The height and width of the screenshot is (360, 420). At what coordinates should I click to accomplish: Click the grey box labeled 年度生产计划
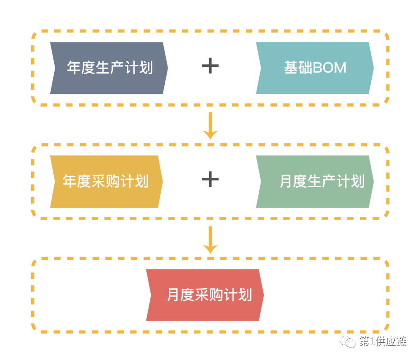click(x=109, y=68)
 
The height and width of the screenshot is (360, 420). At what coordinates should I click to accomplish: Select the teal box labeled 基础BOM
click(x=315, y=68)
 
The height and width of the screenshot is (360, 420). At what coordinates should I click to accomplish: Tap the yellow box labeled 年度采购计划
click(x=106, y=182)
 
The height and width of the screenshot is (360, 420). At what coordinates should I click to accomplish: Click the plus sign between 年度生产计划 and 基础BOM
click(x=210, y=66)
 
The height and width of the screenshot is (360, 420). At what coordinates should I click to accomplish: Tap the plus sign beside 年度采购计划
click(x=210, y=180)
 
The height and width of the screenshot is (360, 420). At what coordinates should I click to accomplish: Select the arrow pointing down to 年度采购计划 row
click(x=210, y=126)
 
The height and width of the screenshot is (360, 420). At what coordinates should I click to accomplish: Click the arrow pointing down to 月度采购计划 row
click(x=210, y=240)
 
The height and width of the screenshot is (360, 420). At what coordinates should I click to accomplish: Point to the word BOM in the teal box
click(x=330, y=68)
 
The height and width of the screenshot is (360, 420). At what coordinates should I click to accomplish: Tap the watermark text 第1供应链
click(x=383, y=342)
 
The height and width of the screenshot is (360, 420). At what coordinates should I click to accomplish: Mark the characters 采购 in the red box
click(x=209, y=295)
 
